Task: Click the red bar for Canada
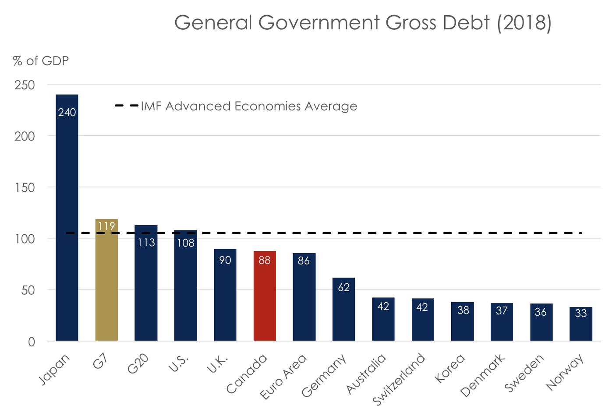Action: (x=265, y=296)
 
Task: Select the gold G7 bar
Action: (x=106, y=280)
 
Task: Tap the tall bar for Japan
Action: (x=67, y=219)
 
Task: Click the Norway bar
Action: (x=581, y=324)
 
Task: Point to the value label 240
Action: (x=67, y=113)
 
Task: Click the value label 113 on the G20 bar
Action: (x=146, y=243)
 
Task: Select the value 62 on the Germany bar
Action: (x=344, y=288)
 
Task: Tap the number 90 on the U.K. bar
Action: (x=225, y=261)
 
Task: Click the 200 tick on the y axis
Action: (x=25, y=136)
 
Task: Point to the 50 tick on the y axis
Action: (x=28, y=290)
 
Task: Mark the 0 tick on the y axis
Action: (x=32, y=342)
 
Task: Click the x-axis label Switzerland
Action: (x=399, y=379)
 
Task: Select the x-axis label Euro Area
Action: (x=283, y=377)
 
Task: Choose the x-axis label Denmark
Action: (x=482, y=375)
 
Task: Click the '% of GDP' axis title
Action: (x=41, y=61)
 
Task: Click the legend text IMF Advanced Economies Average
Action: (x=249, y=106)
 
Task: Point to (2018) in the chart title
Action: (x=524, y=23)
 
